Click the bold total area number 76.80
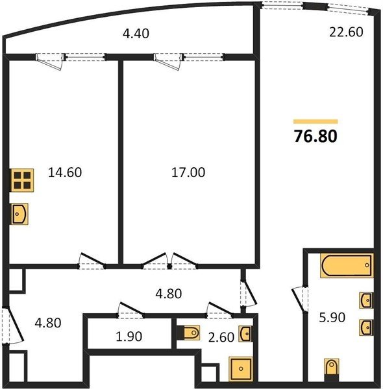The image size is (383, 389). (315, 136)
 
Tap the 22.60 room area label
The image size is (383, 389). (346, 32)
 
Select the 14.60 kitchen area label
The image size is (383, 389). (65, 172)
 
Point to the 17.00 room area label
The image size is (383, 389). (188, 172)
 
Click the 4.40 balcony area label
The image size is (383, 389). (136, 34)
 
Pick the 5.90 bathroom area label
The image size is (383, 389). (332, 318)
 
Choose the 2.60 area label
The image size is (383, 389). (221, 337)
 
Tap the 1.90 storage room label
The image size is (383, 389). (129, 336)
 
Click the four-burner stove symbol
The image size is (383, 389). (22, 180)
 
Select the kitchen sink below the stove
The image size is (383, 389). (19, 214)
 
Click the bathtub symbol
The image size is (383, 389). (347, 265)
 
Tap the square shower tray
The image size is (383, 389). (241, 369)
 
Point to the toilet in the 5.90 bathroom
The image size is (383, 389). (332, 367)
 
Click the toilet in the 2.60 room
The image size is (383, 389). (191, 332)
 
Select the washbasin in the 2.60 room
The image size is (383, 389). (245, 334)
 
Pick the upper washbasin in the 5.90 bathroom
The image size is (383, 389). (366, 300)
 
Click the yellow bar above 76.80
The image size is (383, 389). (315, 121)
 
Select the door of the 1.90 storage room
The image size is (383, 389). (130, 310)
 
